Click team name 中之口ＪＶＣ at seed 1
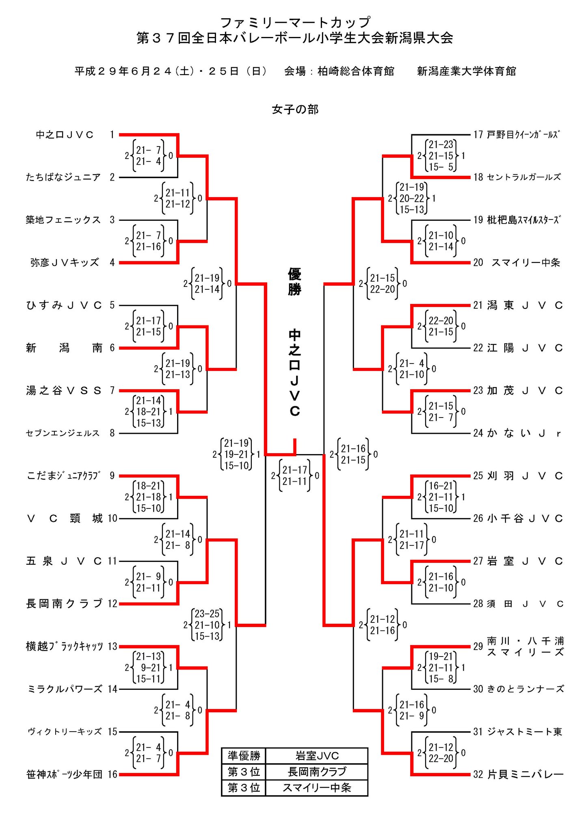pyautogui.click(x=65, y=135)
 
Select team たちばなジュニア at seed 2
pyautogui.click(x=63, y=177)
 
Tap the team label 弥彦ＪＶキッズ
pyautogui.click(x=65, y=263)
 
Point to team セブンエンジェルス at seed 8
pyautogui.click(x=63, y=433)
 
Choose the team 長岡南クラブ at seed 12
pyautogui.click(x=64, y=604)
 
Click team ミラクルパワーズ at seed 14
pyautogui.click(x=65, y=689)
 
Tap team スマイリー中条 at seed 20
pyautogui.click(x=525, y=263)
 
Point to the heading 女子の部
pyautogui.click(x=295, y=110)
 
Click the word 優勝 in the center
pyautogui.click(x=295, y=282)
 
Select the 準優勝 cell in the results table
pyautogui.click(x=244, y=756)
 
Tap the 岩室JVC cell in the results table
pyautogui.click(x=317, y=756)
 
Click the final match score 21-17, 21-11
pyautogui.click(x=295, y=476)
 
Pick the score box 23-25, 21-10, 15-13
pyautogui.click(x=207, y=625)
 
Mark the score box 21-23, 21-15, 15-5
pyautogui.click(x=441, y=156)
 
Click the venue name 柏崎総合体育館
pyautogui.click(x=356, y=71)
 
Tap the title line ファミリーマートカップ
pyautogui.click(x=295, y=22)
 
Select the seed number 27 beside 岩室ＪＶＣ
pyautogui.click(x=478, y=561)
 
